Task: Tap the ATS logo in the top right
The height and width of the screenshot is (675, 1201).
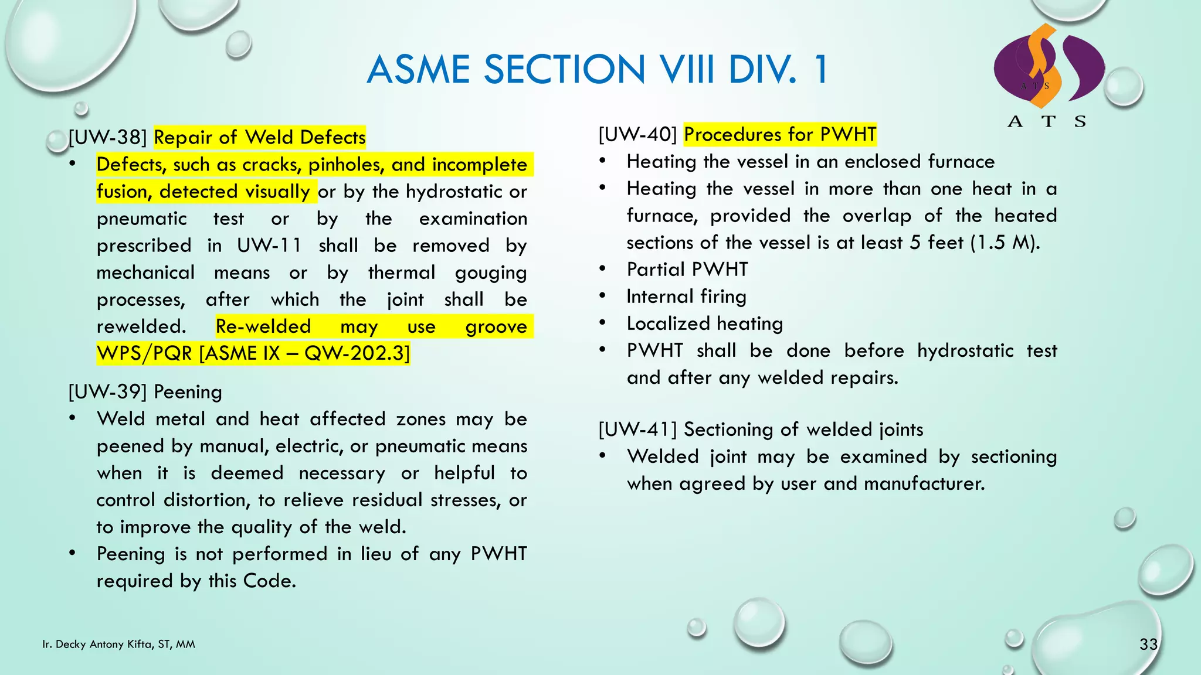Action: point(1049,73)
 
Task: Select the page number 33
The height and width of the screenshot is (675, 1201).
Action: point(1148,645)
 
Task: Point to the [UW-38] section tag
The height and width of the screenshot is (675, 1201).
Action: point(107,137)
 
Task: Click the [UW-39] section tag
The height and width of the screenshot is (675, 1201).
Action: point(107,392)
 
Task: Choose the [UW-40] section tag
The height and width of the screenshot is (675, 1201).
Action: point(637,134)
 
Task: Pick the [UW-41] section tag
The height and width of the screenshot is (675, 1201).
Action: point(637,429)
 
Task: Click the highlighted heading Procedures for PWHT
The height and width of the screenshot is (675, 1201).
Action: point(780,134)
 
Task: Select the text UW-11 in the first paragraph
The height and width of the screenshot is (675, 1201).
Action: point(269,246)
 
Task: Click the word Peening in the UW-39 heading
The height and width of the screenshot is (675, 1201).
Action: point(188,392)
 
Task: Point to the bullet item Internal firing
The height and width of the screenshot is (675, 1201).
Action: point(686,296)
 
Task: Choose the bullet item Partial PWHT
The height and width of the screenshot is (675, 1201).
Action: point(687,270)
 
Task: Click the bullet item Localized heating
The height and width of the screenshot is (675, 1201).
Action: point(704,323)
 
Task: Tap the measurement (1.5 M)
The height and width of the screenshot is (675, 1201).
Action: point(1005,243)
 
